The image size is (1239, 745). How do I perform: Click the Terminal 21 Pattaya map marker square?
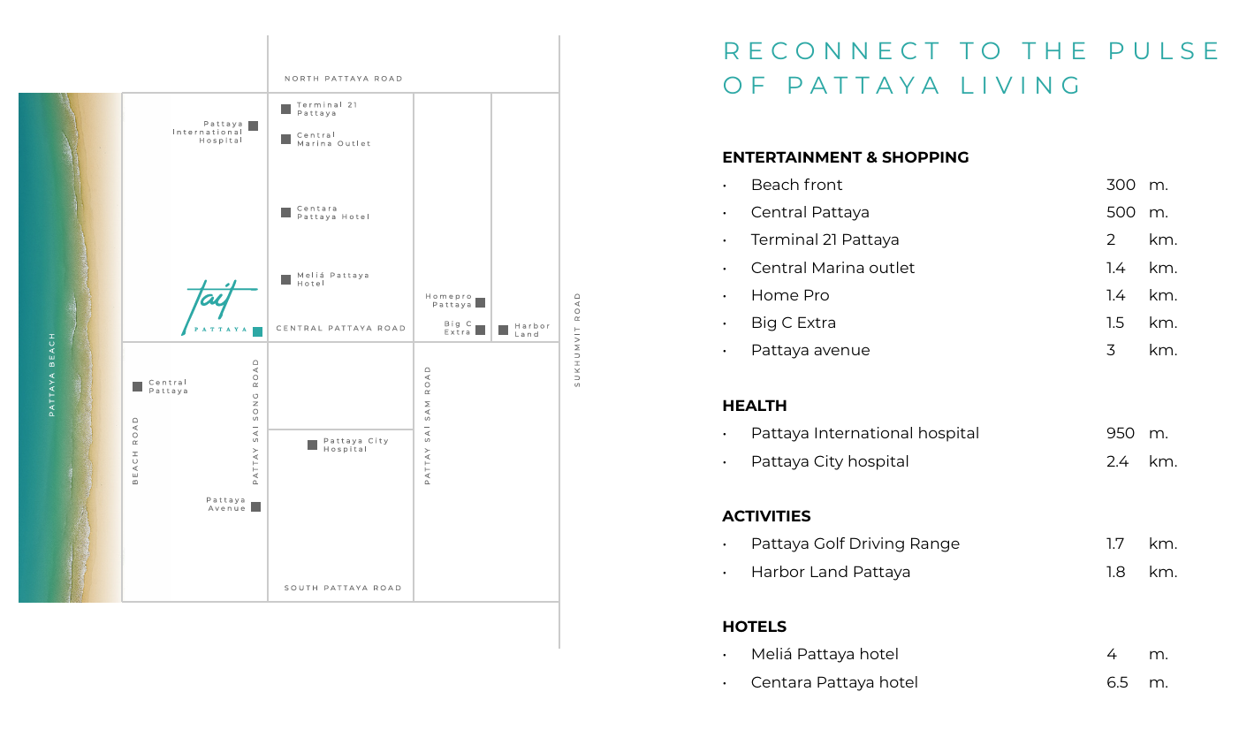(x=285, y=110)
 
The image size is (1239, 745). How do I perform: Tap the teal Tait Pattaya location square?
(x=257, y=331)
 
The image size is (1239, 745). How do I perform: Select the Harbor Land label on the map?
(x=532, y=330)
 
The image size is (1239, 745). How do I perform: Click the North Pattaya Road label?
(x=343, y=79)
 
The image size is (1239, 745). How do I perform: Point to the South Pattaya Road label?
(x=343, y=588)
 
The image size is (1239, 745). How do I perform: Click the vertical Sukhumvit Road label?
(x=578, y=339)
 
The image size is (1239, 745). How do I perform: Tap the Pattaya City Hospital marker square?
(x=312, y=445)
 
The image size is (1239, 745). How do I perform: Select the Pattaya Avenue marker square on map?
(x=255, y=506)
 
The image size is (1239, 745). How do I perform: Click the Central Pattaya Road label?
(x=341, y=328)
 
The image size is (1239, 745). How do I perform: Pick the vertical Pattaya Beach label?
(x=52, y=374)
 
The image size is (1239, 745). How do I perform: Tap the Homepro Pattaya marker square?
(x=480, y=302)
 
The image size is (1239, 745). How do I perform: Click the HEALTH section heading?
(x=754, y=406)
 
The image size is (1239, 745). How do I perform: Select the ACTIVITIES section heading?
(x=766, y=516)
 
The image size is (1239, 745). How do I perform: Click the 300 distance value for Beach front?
(x=1121, y=185)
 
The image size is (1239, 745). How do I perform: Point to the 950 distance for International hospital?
(x=1120, y=433)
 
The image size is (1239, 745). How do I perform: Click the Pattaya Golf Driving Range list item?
(x=855, y=544)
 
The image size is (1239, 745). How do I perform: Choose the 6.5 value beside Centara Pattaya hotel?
(x=1117, y=682)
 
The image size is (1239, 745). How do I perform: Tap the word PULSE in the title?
(x=1164, y=51)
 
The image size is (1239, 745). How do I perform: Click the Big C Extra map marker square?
(x=480, y=330)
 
